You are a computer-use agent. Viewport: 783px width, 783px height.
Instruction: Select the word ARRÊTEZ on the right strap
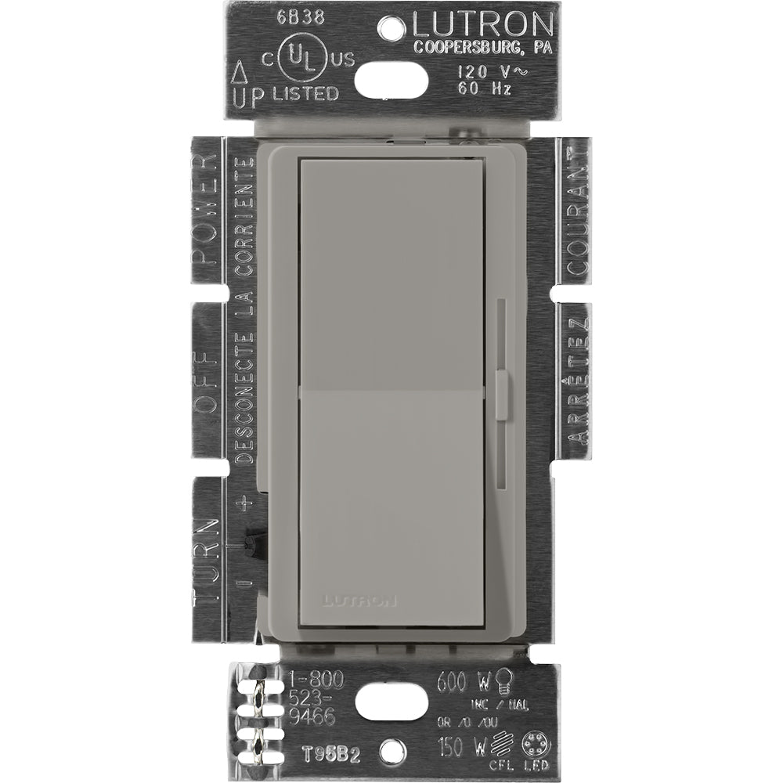coord(577,381)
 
